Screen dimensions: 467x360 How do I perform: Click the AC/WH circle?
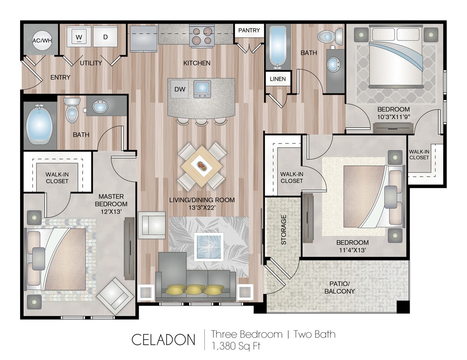coord(42,41)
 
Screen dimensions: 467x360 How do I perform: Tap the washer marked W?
coord(79,36)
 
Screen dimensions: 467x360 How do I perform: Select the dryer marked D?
coord(105,36)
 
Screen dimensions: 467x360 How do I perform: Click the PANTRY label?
coord(249,31)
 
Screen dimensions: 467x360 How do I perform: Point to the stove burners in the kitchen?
coord(202,36)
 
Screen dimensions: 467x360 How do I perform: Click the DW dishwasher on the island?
coord(180,89)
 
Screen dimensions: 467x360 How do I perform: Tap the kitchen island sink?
coord(202,89)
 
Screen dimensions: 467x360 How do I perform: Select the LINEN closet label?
coord(278,79)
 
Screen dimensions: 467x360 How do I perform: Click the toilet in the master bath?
coord(72,110)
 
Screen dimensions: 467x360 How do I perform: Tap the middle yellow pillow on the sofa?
coord(195,289)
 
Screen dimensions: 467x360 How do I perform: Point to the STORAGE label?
coord(284,230)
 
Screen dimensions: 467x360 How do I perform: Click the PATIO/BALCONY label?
coord(339,288)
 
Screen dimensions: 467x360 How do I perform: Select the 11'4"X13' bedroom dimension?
coord(353,250)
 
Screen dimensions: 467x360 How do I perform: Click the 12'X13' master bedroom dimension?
coord(111,211)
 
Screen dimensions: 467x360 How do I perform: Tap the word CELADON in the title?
coord(164,340)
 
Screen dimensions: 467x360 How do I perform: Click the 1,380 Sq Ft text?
coord(236,346)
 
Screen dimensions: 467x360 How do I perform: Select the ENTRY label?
coord(61,77)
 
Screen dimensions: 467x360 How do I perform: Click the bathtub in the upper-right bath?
coord(278,47)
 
